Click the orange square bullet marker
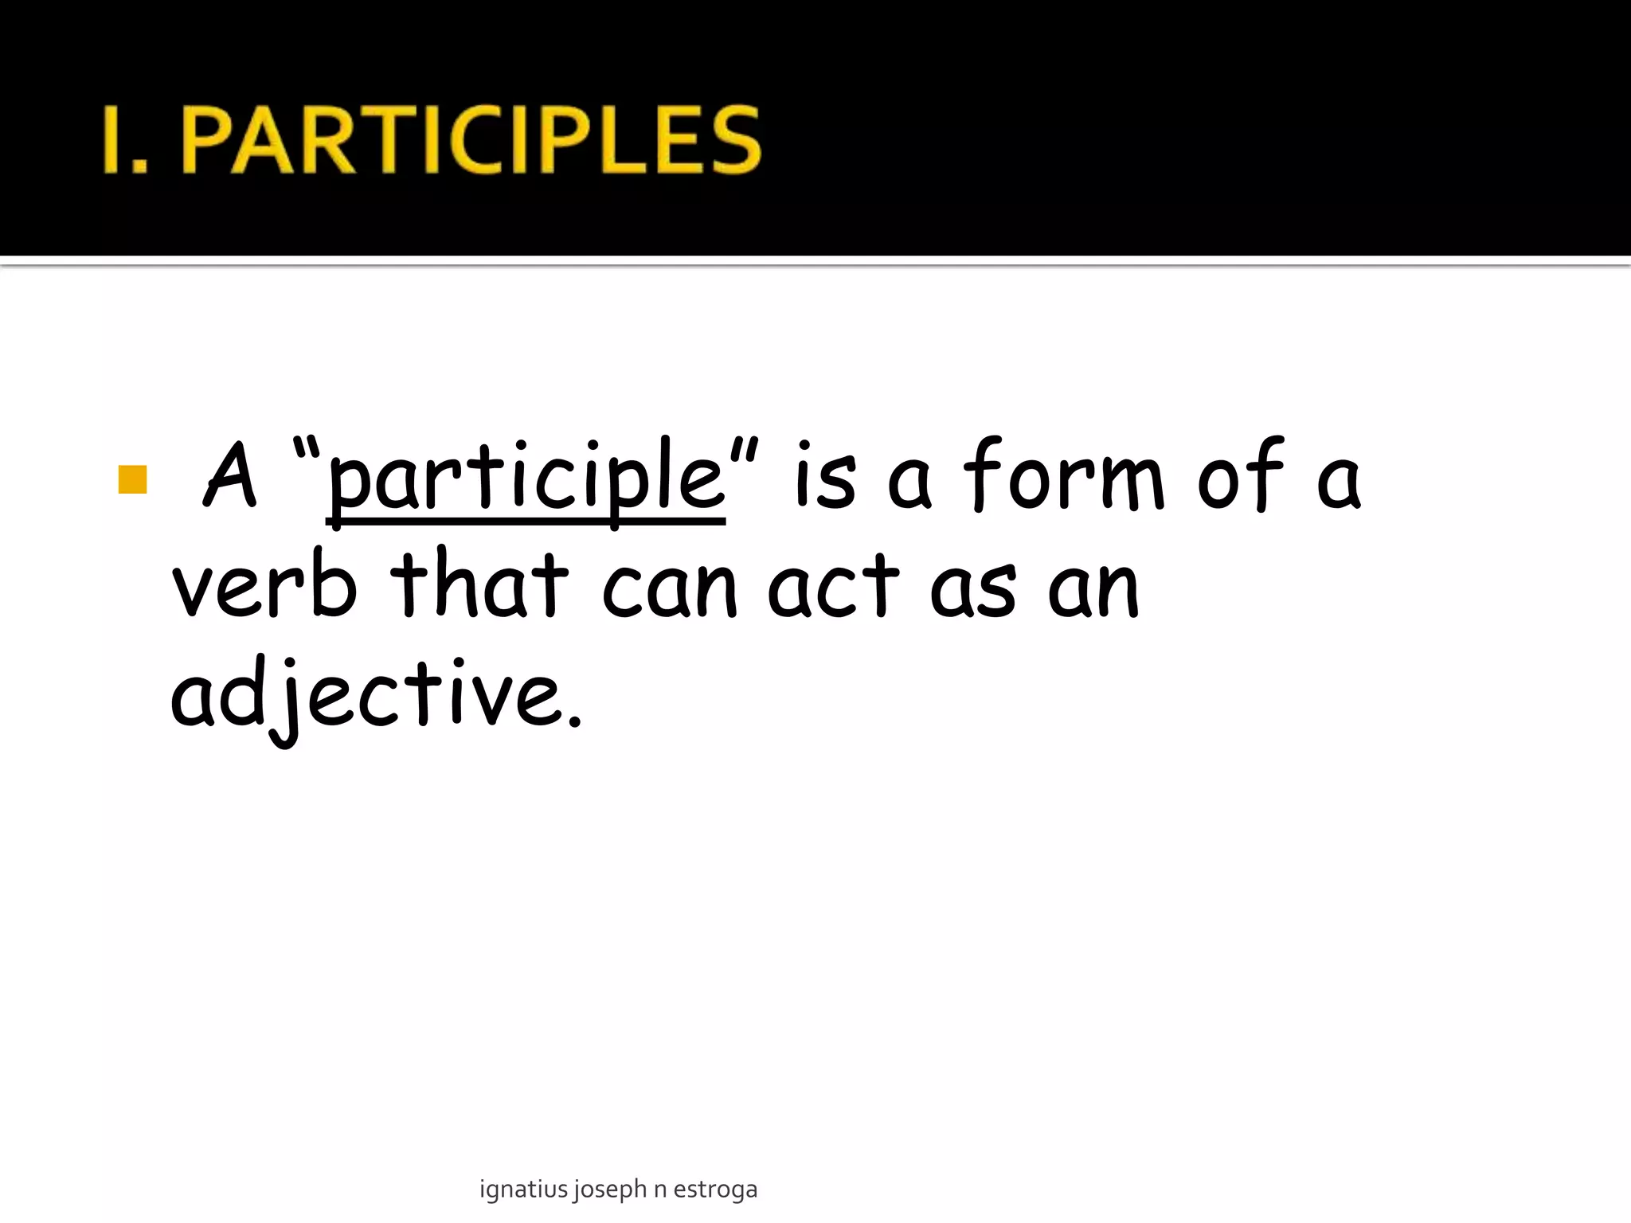132,480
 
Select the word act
834,587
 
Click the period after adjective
575,721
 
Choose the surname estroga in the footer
715,1190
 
